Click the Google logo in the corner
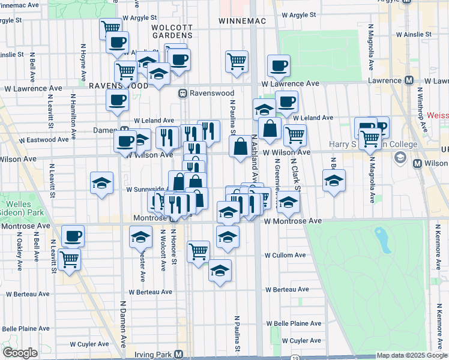pos(20,353)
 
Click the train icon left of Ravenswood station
pos(182,94)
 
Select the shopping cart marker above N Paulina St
pos(237,61)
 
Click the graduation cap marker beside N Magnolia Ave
pos(333,180)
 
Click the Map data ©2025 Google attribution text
pos(412,355)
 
